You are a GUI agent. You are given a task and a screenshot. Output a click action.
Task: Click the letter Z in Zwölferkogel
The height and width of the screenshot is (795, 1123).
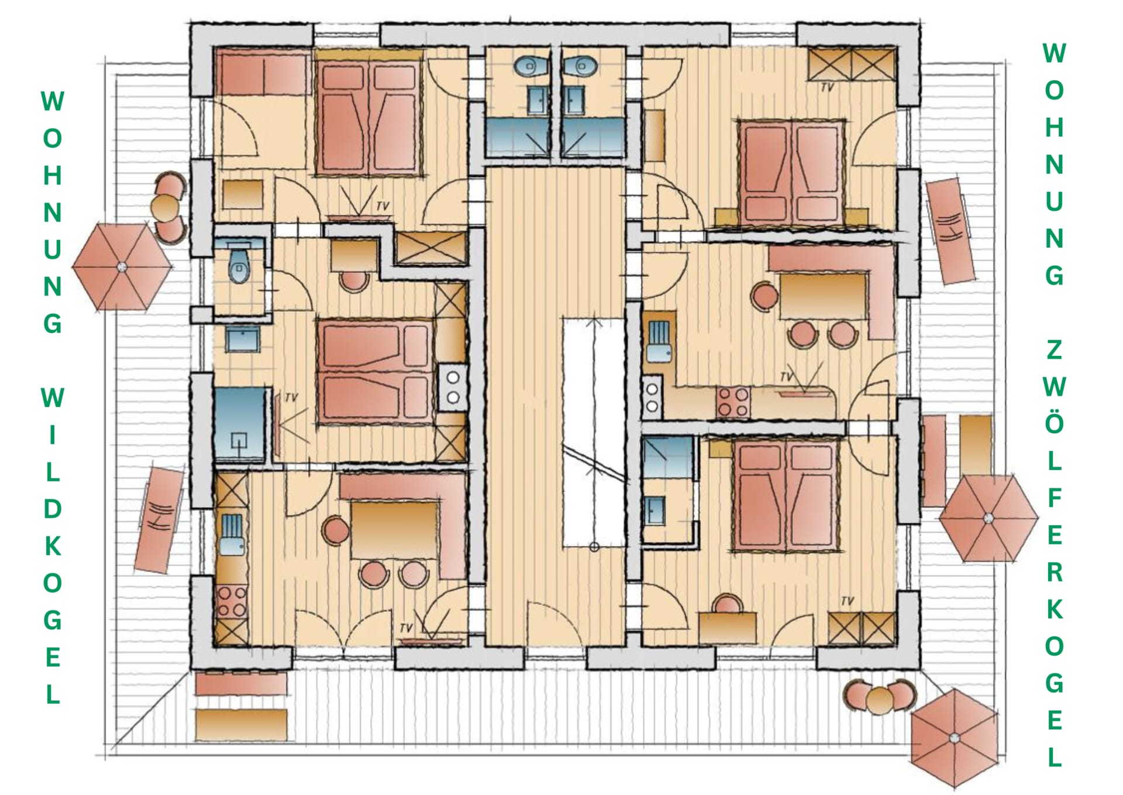[1054, 349]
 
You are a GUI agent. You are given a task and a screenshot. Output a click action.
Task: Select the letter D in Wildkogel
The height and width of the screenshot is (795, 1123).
[53, 509]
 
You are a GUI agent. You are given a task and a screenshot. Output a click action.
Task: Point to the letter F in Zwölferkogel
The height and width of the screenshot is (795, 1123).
[1054, 498]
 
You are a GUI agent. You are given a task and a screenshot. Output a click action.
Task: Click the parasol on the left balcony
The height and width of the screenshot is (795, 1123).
[122, 267]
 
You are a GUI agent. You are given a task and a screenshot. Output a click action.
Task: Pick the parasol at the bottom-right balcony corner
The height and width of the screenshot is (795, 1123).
[955, 738]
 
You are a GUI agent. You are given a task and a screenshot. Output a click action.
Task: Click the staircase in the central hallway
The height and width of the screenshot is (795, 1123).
[594, 433]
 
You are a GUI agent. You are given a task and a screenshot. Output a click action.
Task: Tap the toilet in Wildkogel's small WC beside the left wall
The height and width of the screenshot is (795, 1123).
[239, 266]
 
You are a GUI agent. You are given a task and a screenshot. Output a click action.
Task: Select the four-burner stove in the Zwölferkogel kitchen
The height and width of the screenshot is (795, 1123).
[733, 402]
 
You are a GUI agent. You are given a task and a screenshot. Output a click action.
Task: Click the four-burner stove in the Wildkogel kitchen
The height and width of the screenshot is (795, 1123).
[232, 602]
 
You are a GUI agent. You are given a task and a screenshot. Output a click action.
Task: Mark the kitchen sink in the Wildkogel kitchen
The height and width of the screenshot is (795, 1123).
[232, 534]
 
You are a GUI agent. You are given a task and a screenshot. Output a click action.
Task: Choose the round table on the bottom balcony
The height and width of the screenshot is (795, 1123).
[880, 700]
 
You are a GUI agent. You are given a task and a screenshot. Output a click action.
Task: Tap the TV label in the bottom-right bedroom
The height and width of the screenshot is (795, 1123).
[847, 601]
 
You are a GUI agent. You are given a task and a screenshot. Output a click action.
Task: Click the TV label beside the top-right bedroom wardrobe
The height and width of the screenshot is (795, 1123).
[827, 87]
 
